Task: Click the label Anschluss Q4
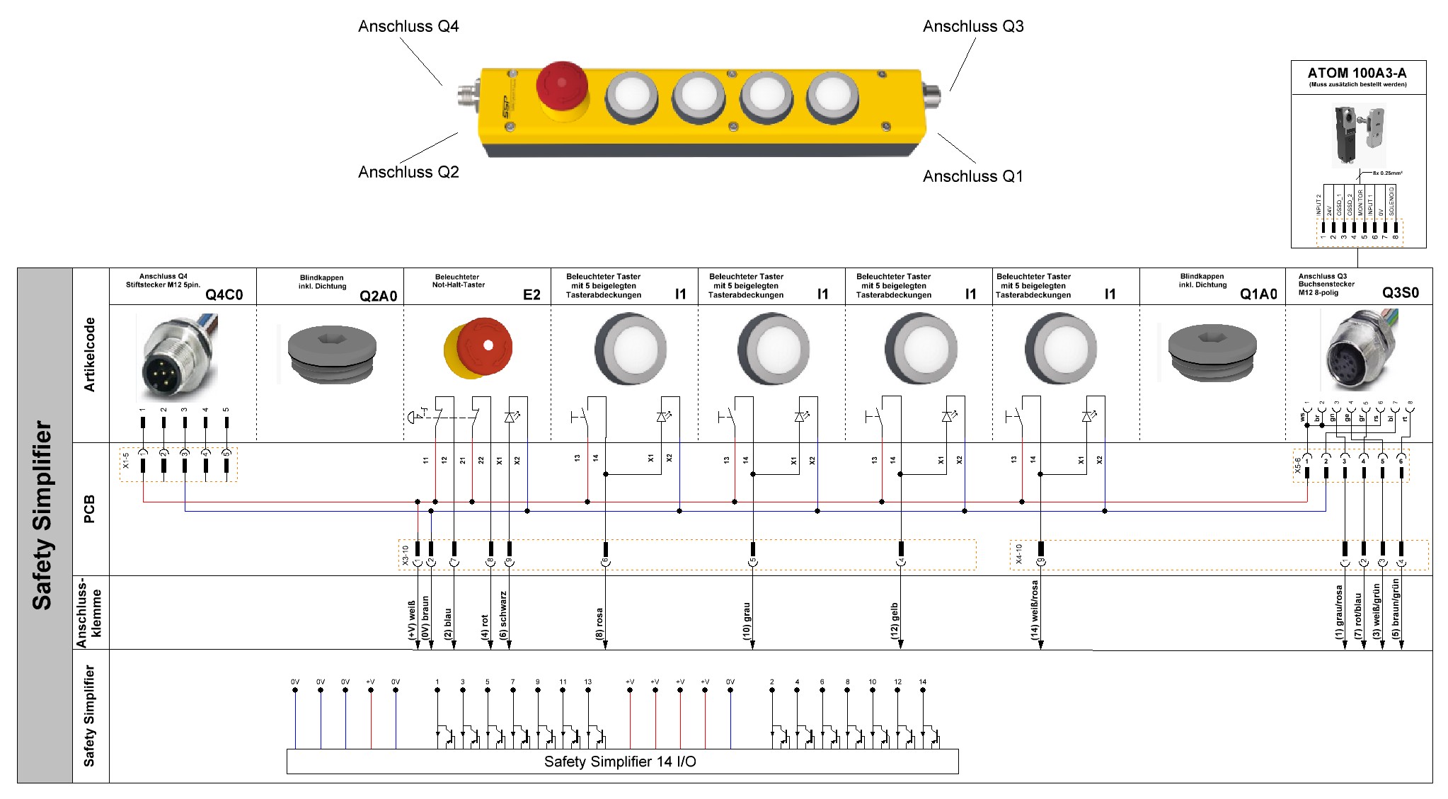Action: tap(408, 26)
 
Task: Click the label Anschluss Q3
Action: tap(973, 26)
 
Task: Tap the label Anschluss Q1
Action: tap(972, 176)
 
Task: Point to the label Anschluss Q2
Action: tap(408, 172)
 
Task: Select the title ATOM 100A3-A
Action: tap(1357, 73)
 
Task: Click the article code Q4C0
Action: tap(224, 294)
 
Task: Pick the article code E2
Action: tap(531, 294)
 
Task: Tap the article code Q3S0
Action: tap(1400, 293)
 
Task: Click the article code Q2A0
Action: tap(378, 296)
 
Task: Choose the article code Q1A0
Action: tap(1258, 294)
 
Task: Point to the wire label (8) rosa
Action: tap(599, 623)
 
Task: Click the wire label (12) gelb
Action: tap(895, 621)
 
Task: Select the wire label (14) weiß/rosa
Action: tap(1034, 610)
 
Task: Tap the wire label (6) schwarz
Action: tap(503, 615)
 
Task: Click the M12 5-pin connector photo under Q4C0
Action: tap(177, 357)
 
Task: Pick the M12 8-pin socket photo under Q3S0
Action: tap(1359, 350)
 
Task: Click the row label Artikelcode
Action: tap(89, 355)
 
